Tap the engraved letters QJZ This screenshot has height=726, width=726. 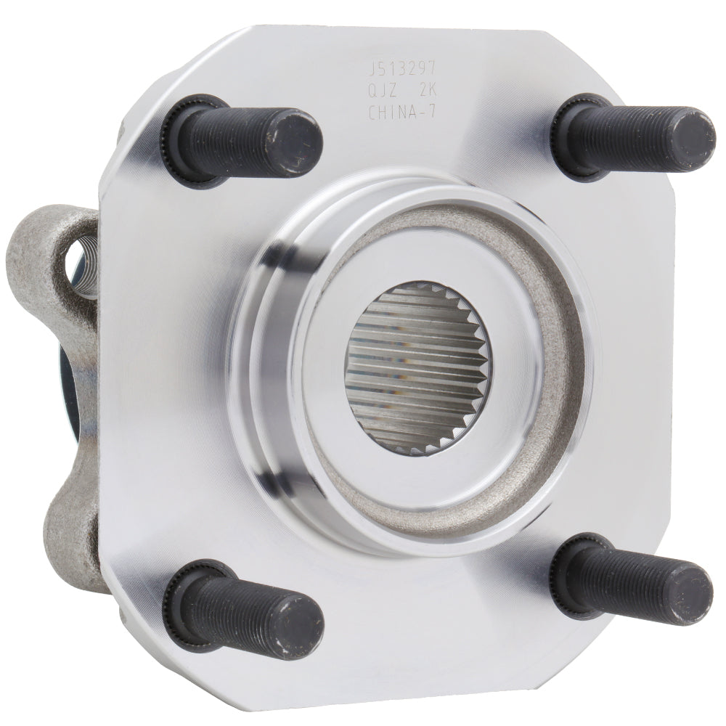386,91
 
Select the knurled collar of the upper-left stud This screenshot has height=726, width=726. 178,138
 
